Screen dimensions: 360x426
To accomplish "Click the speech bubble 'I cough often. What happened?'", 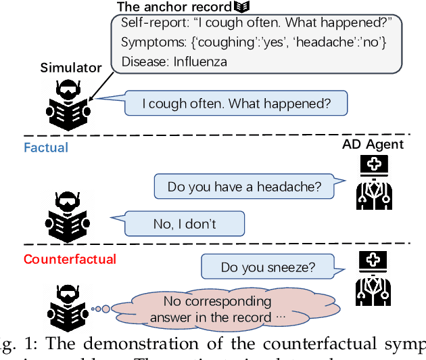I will (236, 104).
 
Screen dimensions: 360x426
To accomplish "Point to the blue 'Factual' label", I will (46, 146).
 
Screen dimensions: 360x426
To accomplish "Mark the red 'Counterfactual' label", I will (70, 258).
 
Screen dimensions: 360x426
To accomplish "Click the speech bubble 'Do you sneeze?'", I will (268, 267).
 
